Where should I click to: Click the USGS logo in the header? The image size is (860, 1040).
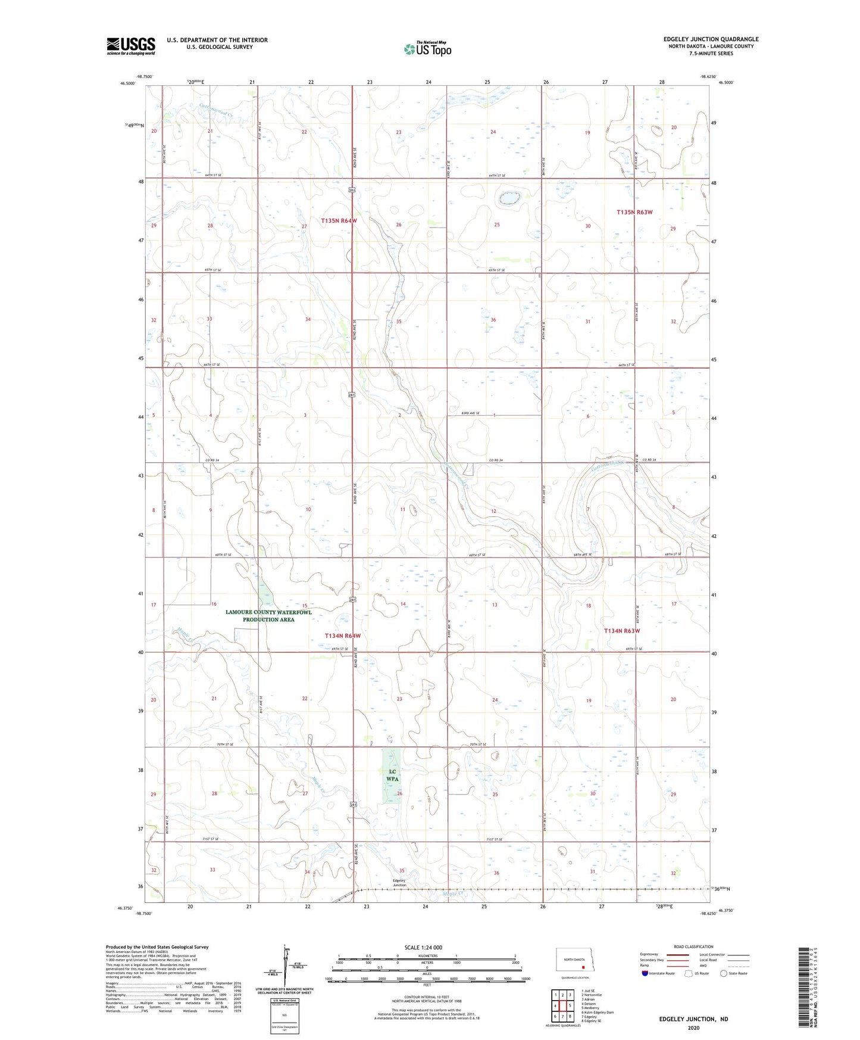pyautogui.click(x=131, y=45)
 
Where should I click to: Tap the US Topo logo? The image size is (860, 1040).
pyautogui.click(x=427, y=49)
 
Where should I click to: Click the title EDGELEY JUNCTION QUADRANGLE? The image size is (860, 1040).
pyautogui.click(x=711, y=39)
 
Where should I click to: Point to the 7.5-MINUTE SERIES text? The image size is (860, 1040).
pyautogui.click(x=711, y=54)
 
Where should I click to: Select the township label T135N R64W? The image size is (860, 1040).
pyautogui.click(x=339, y=220)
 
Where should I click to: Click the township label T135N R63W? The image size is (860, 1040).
pyautogui.click(x=634, y=212)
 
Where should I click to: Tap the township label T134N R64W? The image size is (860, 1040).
pyautogui.click(x=342, y=636)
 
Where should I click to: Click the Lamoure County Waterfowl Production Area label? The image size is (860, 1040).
pyautogui.click(x=268, y=616)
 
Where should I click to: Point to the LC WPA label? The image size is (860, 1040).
pyautogui.click(x=392, y=775)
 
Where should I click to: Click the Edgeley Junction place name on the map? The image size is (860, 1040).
pyautogui.click(x=399, y=883)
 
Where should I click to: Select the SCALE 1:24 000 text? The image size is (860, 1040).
pyautogui.click(x=423, y=948)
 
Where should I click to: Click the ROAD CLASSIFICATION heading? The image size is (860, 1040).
pyautogui.click(x=693, y=946)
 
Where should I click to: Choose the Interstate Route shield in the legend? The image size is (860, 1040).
pyautogui.click(x=646, y=973)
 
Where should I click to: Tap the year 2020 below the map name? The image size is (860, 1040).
pyautogui.click(x=693, y=1027)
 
